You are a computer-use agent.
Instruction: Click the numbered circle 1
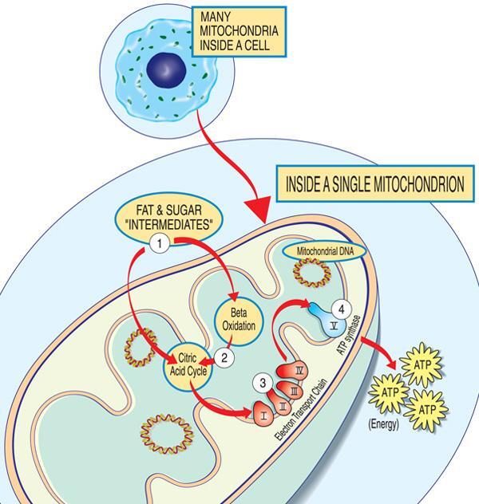point(160,243)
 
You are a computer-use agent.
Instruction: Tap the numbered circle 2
point(225,358)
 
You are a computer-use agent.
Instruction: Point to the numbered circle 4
point(342,308)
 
